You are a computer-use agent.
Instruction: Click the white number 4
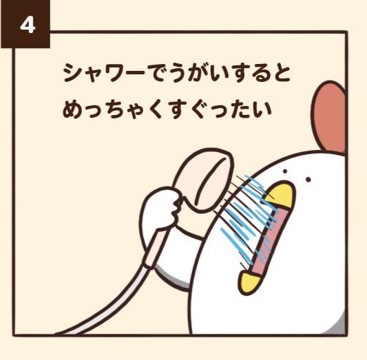tap(28, 25)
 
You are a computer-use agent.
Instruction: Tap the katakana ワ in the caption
tap(114, 72)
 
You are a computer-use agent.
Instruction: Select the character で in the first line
tap(157, 72)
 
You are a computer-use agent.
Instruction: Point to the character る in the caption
tap(260, 72)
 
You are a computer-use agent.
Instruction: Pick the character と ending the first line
tap(281, 72)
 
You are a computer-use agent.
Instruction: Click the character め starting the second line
tap(72, 109)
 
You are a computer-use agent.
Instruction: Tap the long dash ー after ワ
tap(136, 72)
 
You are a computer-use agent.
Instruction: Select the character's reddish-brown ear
tap(329, 117)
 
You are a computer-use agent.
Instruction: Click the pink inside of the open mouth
tap(269, 241)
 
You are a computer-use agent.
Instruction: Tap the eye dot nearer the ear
tap(308, 180)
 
